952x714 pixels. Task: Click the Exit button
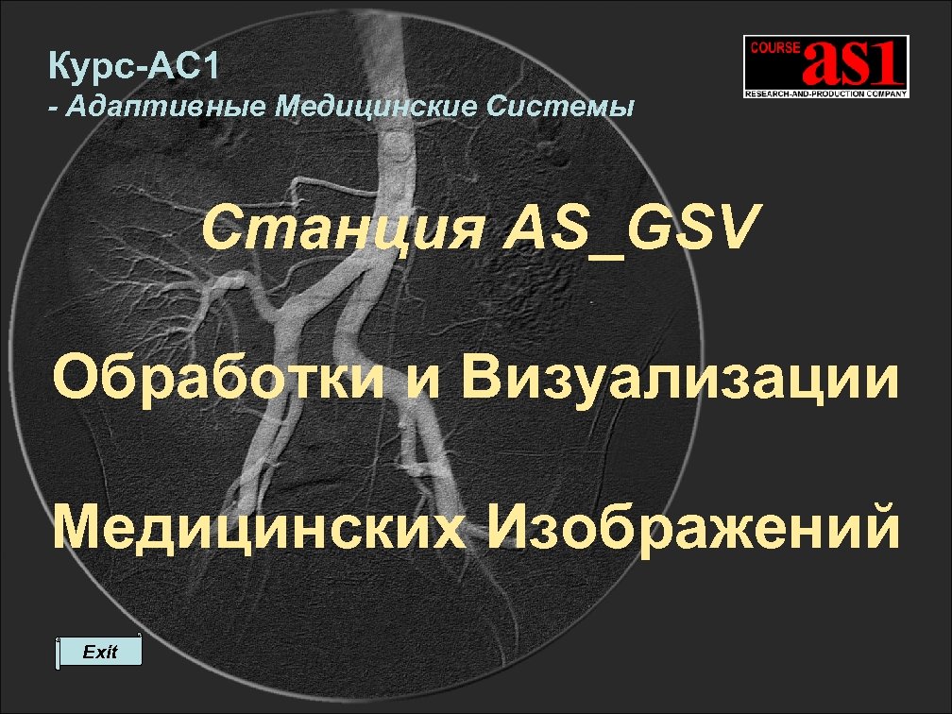[99, 652]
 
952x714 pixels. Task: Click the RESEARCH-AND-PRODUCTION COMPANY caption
[825, 93]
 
